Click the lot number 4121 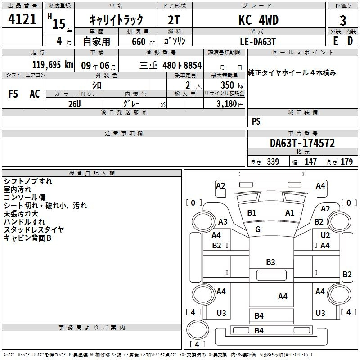click(x=22, y=19)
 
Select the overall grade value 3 click(x=343, y=20)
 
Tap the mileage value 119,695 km click(x=53, y=65)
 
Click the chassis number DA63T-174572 click(x=302, y=143)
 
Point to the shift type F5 click(x=13, y=94)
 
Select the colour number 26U click(x=75, y=104)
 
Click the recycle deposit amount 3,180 click(x=226, y=104)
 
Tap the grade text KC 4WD click(x=258, y=20)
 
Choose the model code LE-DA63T click(x=258, y=41)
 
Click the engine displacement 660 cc click(x=143, y=41)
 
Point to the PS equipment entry click(x=256, y=121)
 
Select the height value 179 click(x=346, y=162)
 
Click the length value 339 click(x=273, y=162)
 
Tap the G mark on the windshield click(x=258, y=229)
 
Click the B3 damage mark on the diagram click(x=270, y=262)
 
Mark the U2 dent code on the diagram click(x=325, y=235)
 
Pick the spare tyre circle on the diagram click(x=198, y=330)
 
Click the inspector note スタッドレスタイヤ click(x=34, y=229)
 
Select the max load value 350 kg click(x=232, y=85)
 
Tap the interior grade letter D click(x=350, y=41)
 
